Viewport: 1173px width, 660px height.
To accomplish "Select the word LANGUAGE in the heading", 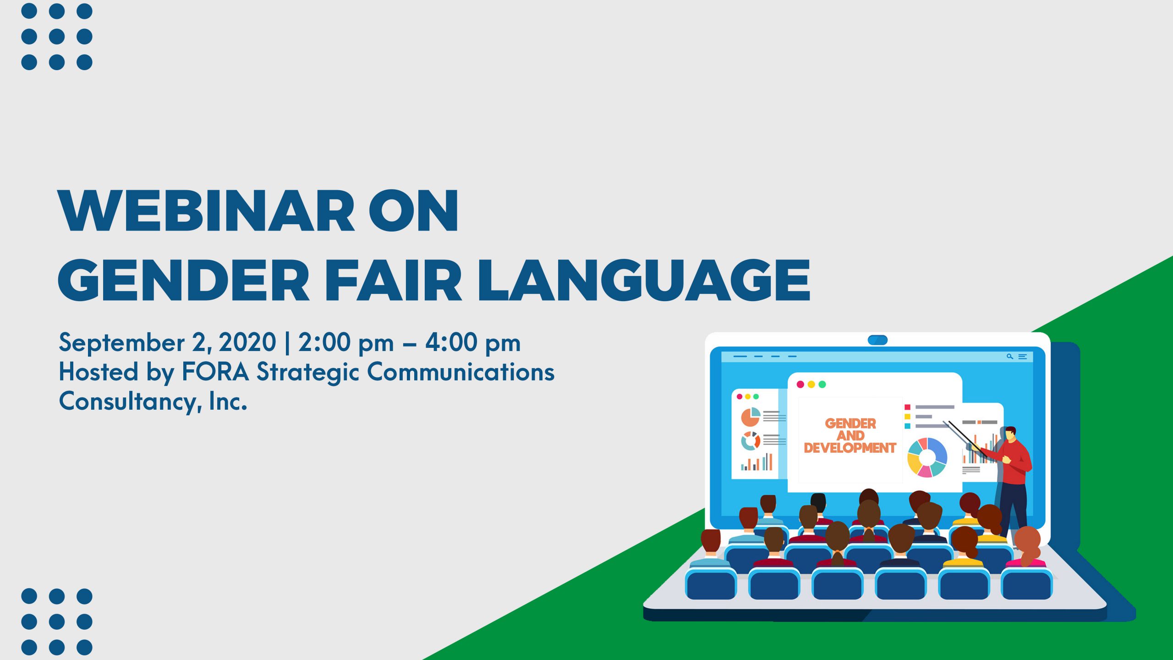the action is point(644,280).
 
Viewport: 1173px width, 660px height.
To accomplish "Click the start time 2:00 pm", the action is point(346,343).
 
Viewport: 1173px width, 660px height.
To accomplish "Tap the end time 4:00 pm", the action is point(473,343).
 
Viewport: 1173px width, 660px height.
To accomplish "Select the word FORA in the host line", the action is point(215,372).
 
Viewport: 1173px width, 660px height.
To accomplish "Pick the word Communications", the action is point(461,372).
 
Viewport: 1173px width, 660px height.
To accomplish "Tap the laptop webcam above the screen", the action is point(877,340).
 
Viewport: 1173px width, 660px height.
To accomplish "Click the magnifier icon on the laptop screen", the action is point(1009,356).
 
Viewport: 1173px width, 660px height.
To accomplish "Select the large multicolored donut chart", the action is point(927,458).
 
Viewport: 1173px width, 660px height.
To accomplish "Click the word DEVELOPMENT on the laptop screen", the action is point(850,448).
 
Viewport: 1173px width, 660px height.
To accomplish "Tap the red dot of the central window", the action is point(800,385).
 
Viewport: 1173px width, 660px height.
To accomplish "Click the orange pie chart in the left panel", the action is point(751,417).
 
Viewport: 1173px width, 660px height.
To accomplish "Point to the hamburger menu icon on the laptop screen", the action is point(1022,356).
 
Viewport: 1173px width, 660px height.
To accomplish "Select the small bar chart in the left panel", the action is point(756,462).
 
